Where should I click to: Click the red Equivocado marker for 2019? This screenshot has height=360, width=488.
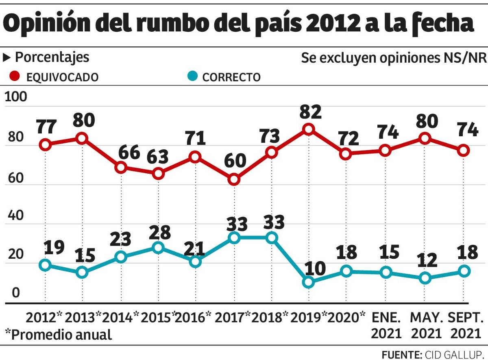point(308,129)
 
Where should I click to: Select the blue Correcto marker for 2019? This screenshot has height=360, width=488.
point(309,282)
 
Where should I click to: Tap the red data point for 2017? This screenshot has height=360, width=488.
point(233,179)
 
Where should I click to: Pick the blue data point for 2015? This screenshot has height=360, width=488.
point(158,248)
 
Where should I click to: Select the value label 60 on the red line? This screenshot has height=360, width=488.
point(235,161)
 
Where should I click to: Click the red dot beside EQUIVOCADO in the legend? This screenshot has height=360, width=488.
point(15,76)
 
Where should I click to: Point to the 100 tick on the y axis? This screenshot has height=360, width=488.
point(15,97)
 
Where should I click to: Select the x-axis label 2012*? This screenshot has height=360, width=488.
point(45,317)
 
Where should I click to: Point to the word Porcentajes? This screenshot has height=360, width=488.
point(52,57)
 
